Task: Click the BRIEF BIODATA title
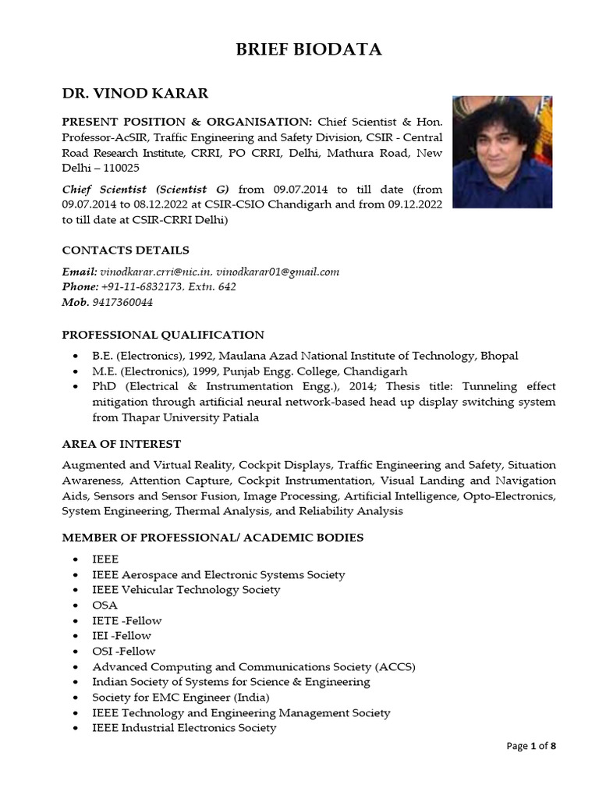tap(309, 50)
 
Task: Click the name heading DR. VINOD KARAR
tap(135, 94)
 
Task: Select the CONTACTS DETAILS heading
tap(126, 250)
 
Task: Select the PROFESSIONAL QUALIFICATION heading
tap(163, 335)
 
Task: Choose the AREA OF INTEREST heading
tap(121, 444)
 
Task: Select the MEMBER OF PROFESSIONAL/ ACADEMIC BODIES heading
tap(212, 538)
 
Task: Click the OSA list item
tap(105, 605)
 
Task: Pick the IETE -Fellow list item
tap(127, 620)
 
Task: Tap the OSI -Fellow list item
tap(124, 651)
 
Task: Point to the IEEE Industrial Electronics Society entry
tap(184, 727)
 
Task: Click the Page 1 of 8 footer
tap(531, 746)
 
